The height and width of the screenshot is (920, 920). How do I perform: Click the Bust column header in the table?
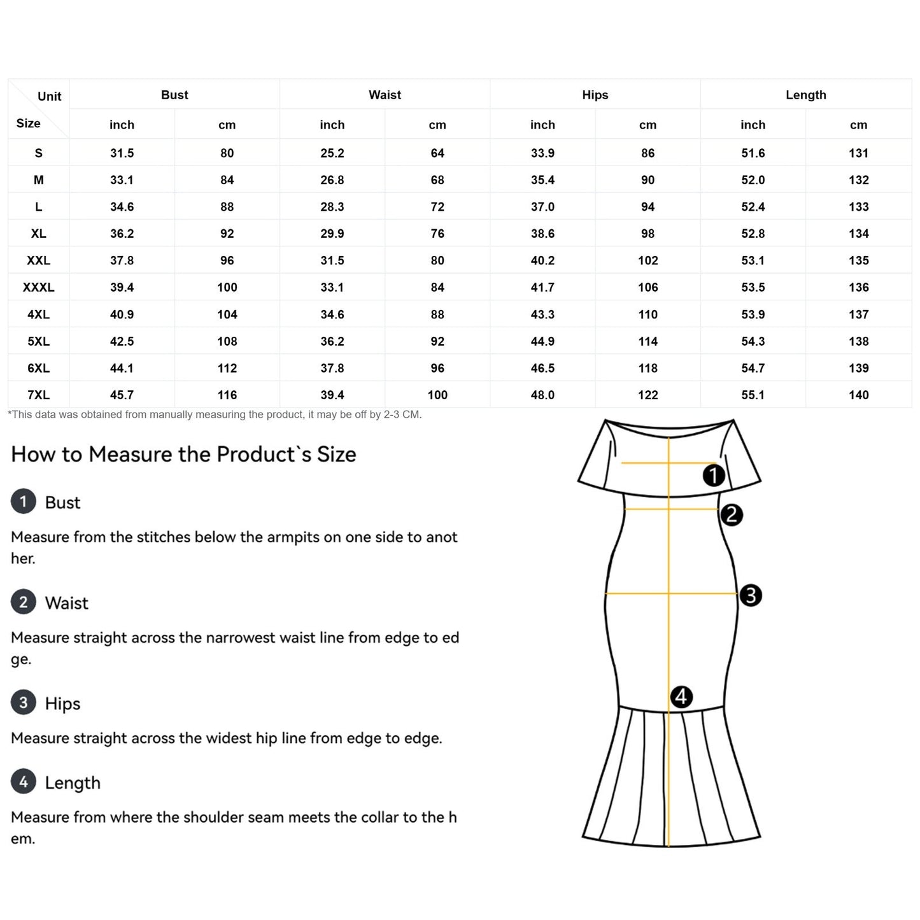174,95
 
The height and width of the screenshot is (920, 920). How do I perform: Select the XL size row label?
38,234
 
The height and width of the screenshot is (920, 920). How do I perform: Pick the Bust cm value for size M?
227,180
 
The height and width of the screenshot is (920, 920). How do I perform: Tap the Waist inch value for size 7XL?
332,395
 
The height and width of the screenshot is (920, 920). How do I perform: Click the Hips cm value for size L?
648,207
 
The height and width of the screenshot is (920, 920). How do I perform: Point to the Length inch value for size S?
753,153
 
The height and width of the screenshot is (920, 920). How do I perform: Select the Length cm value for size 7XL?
858,395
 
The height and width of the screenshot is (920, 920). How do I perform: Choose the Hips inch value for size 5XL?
542,341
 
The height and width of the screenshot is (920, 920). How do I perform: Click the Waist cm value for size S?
437,153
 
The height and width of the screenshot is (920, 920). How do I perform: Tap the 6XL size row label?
38,368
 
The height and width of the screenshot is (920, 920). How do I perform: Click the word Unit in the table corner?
49,96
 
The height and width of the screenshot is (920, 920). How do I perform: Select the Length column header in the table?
805,95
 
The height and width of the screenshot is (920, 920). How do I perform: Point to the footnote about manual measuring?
215,414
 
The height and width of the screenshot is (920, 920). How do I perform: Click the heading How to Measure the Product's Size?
183,455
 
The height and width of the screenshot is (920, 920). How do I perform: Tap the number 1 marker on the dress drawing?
714,475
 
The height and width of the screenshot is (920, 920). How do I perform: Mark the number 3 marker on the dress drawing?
751,595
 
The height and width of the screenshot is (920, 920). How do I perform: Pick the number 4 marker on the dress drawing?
681,697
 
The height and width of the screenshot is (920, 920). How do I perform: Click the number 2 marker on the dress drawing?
732,514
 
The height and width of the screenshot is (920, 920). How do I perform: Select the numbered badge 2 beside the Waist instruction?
24,602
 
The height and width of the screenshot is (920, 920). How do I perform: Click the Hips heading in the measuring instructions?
62,704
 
